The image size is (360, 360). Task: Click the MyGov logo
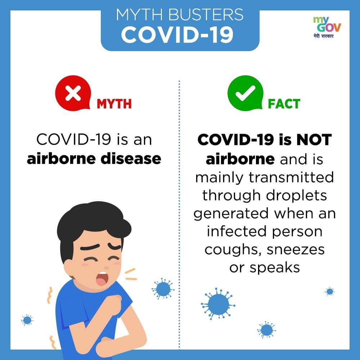(x=327, y=27)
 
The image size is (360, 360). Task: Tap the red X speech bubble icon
(x=73, y=93)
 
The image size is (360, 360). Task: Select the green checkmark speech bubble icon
(x=245, y=93)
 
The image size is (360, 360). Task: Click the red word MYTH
(x=114, y=104)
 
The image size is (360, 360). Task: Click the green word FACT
(x=284, y=104)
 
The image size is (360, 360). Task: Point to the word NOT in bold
(x=314, y=140)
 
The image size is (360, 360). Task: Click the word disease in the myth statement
(x=131, y=158)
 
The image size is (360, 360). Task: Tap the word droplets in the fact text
(x=296, y=196)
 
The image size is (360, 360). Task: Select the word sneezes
(x=296, y=250)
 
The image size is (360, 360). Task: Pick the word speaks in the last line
(x=275, y=268)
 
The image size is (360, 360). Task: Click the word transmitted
(x=291, y=177)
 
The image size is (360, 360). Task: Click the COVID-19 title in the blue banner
(x=177, y=35)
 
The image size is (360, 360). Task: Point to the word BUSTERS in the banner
(x=206, y=14)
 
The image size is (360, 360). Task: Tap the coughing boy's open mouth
(x=102, y=278)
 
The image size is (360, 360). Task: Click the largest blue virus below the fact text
(x=218, y=303)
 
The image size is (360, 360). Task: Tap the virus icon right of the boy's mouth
(x=163, y=289)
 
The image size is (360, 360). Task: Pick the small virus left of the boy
(x=27, y=320)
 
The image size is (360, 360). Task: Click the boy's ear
(x=68, y=267)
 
